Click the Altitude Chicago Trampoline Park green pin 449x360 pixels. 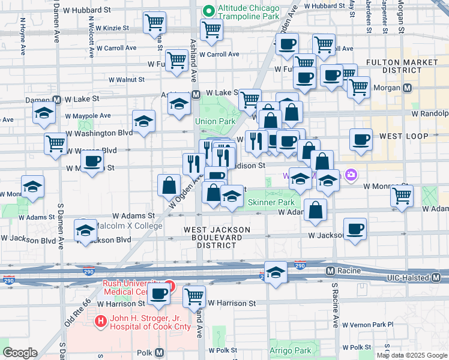point(208,11)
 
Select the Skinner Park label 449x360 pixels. point(271,203)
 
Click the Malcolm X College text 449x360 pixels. point(130,226)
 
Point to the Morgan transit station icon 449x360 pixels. point(408,88)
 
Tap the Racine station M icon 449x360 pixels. point(330,271)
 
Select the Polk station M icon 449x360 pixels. point(159,353)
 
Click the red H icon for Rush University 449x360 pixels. point(169,287)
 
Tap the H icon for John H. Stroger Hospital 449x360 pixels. point(100,322)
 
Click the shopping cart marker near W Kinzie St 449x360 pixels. point(154,23)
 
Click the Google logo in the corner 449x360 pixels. point(20,352)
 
